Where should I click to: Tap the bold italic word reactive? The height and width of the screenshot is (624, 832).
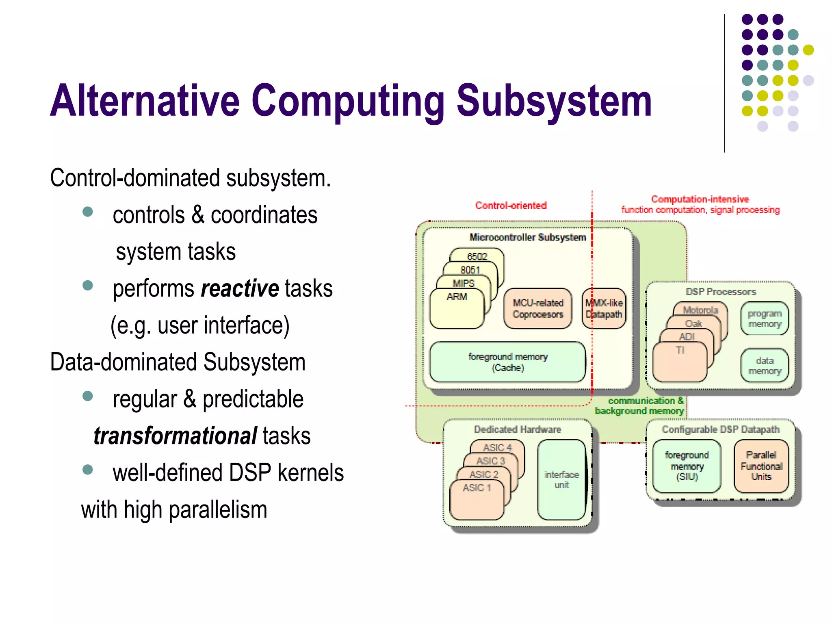click(240, 289)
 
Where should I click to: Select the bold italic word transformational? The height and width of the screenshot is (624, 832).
click(175, 436)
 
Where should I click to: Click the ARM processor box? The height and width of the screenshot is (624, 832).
click(457, 309)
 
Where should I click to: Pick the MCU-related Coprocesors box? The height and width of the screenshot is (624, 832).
click(537, 309)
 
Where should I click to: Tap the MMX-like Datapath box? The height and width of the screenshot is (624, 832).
click(604, 309)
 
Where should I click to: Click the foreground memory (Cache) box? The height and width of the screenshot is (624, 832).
click(507, 362)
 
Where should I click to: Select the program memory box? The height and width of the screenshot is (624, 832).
click(765, 318)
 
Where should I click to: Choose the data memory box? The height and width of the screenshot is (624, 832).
click(765, 366)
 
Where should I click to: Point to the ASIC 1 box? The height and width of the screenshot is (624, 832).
click(477, 500)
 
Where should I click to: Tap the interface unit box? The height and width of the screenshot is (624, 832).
click(562, 480)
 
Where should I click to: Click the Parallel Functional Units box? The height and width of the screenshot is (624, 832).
click(761, 466)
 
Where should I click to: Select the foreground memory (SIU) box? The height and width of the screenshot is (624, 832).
click(687, 466)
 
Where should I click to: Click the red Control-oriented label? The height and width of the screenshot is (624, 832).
click(511, 206)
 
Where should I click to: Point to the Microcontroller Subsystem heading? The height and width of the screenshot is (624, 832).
click(527, 237)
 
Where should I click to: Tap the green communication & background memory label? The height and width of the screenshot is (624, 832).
click(640, 406)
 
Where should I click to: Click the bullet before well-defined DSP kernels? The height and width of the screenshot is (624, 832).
click(87, 470)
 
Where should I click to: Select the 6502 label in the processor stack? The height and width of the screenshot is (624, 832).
click(477, 256)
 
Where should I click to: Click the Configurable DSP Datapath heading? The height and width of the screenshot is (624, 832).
click(720, 429)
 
